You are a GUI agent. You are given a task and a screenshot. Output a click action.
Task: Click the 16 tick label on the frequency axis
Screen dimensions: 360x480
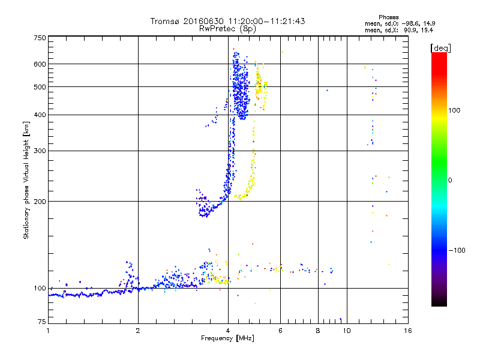point(407,331)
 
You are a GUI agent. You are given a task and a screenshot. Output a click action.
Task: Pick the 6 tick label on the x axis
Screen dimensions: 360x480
point(280,331)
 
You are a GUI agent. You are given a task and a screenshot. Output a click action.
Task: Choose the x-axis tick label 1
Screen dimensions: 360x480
point(48,331)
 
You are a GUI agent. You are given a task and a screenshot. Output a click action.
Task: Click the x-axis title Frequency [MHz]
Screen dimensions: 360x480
point(227,338)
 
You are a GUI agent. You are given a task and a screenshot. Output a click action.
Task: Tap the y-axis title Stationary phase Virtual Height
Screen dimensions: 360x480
point(26,180)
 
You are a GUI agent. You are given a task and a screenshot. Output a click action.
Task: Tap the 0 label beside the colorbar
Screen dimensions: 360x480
point(451,180)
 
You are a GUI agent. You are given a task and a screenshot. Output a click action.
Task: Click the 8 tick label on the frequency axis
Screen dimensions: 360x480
point(318,331)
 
